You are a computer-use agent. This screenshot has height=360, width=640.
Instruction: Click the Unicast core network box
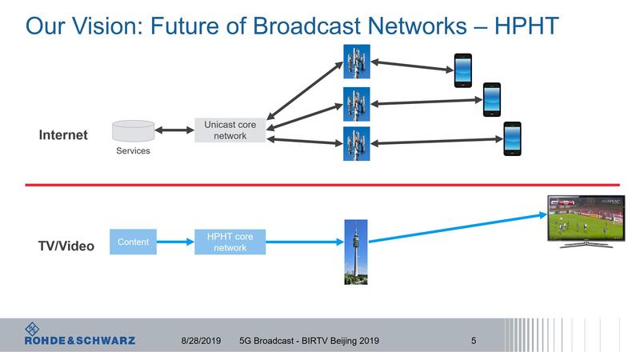[x=230, y=130]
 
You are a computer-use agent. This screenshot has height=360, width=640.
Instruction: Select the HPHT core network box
[x=230, y=242]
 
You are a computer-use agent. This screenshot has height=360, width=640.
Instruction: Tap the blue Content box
[x=133, y=242]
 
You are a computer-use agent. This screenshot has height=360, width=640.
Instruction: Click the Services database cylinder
[x=133, y=130]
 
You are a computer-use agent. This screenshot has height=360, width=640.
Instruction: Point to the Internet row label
[x=63, y=135]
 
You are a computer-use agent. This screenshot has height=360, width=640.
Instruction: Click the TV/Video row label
[x=67, y=246]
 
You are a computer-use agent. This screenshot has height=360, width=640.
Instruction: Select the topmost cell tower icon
[x=357, y=60]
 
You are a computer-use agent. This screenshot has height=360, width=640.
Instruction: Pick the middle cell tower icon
[x=357, y=103]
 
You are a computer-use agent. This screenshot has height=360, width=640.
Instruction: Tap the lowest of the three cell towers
[x=357, y=143]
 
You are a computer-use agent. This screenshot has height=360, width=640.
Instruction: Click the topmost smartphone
[x=463, y=70]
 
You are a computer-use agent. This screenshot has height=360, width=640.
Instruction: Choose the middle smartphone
[x=491, y=100]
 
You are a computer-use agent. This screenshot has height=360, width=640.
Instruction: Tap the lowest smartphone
[x=512, y=138]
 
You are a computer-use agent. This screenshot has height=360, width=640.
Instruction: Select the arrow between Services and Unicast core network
[x=174, y=130]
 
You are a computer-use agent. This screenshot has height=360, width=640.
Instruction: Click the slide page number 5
[x=474, y=341]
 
